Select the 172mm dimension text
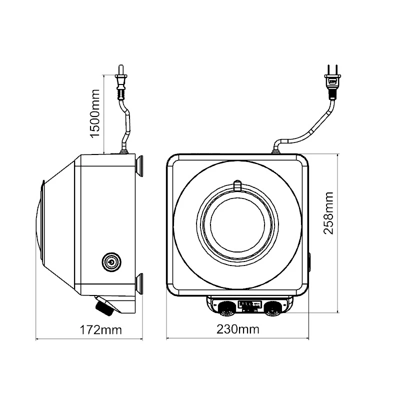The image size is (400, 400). [101, 329]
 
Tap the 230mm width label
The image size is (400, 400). [238, 329]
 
